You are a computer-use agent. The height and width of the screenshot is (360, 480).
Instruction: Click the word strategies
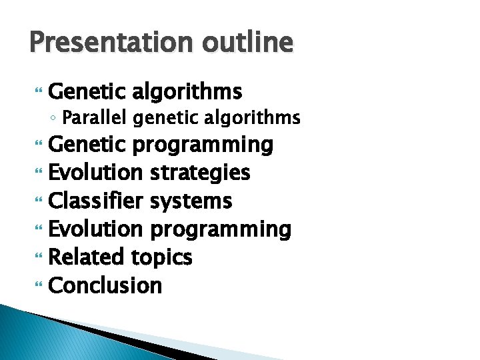click(200, 173)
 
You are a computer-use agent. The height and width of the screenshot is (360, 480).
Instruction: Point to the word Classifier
click(96, 201)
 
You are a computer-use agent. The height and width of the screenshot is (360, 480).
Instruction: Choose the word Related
click(87, 257)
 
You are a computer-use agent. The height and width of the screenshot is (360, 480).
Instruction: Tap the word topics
click(161, 257)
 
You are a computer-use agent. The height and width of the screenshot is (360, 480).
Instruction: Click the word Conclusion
click(105, 285)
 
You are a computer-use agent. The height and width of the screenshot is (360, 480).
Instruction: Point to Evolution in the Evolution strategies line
click(95, 173)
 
